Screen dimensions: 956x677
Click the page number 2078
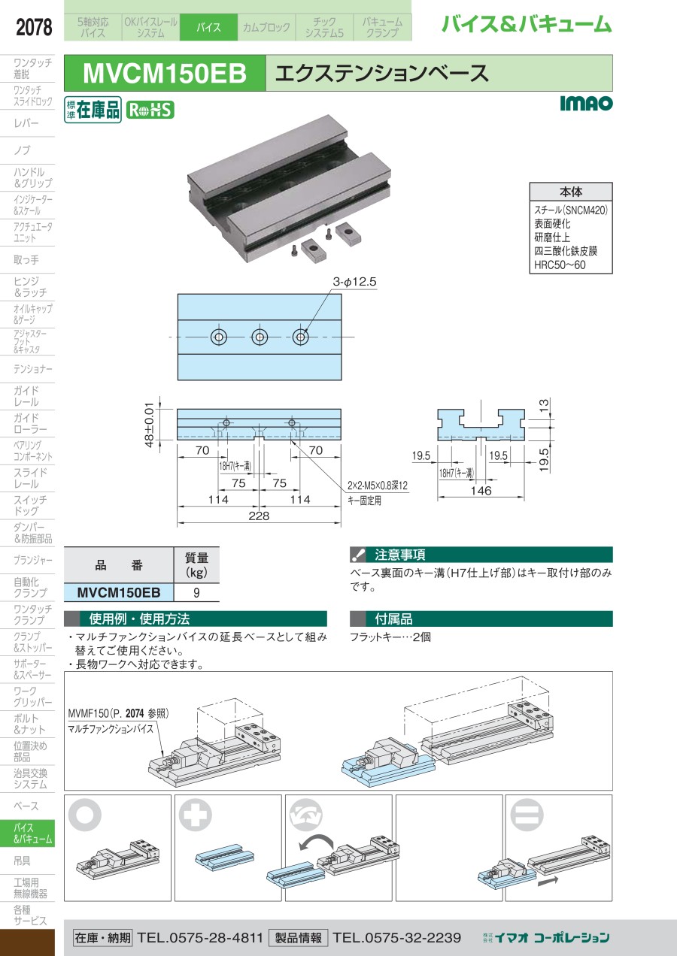34,29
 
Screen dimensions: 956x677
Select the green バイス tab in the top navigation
208,28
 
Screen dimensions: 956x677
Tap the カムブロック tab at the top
266,28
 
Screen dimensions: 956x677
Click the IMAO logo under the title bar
586,104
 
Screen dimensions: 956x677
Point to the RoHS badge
149,110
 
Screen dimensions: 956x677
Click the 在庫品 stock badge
93,110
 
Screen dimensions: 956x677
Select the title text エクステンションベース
383,74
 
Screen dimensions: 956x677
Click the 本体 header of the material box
570,192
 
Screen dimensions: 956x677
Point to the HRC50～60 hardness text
560,265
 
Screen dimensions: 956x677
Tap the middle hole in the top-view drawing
260,337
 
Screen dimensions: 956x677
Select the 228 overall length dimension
259,516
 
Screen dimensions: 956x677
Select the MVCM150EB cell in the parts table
119,592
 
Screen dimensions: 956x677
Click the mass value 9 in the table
196,592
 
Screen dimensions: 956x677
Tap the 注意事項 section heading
400,555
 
